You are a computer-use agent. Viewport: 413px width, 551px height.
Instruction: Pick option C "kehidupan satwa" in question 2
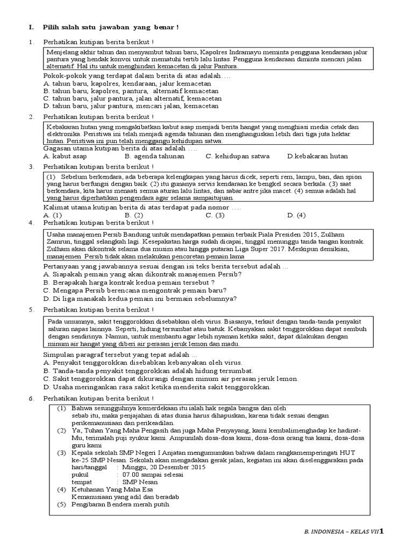tap(237, 156)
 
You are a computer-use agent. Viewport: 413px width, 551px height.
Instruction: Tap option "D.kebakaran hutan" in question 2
tap(317, 156)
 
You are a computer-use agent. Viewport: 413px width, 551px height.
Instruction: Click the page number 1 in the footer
tap(382, 532)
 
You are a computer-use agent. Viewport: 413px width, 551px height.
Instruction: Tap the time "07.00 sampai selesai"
tap(153, 475)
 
